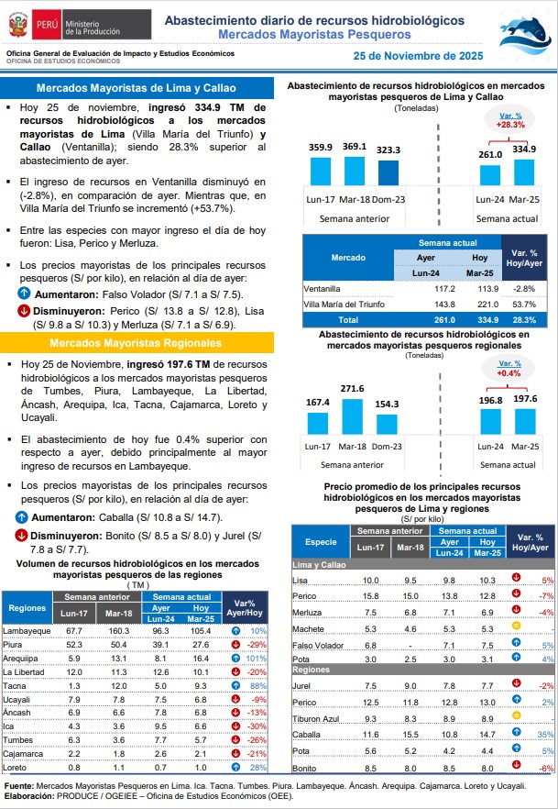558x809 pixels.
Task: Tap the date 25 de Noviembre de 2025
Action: point(418,56)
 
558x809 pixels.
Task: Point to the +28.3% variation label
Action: point(510,120)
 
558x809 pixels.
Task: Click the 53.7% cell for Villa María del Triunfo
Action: point(524,304)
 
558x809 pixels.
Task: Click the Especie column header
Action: point(321,541)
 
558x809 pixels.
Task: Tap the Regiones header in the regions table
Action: point(27,607)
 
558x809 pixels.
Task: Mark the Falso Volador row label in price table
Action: point(318,645)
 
